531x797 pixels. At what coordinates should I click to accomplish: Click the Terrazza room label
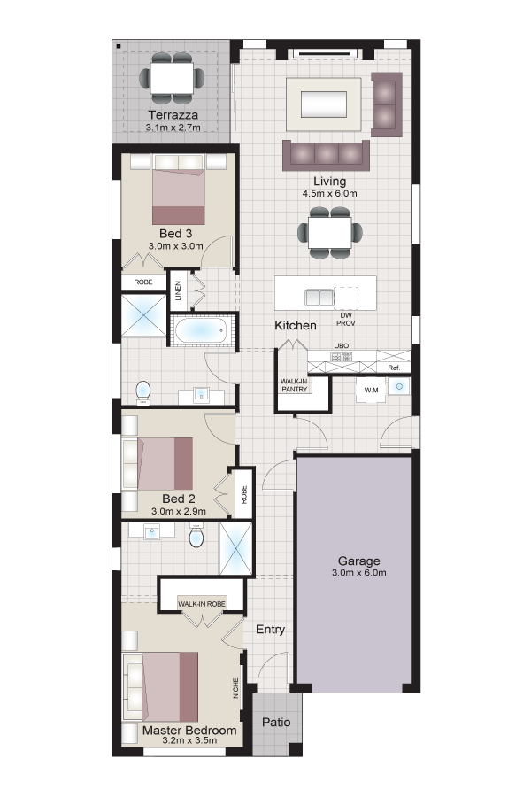coord(173,115)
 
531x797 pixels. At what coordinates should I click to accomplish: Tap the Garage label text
coord(358,561)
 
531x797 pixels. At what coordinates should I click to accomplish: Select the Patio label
coord(276,723)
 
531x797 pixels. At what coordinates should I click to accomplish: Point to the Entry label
coord(270,630)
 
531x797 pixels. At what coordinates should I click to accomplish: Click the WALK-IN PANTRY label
coord(295,385)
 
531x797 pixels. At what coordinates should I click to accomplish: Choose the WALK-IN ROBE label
coord(202,604)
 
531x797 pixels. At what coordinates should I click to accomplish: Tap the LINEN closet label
coord(178,291)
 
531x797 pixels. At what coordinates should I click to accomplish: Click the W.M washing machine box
coord(371,391)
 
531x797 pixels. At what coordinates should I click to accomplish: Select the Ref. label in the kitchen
coord(394,368)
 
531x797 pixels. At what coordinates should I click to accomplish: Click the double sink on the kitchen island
coord(319,298)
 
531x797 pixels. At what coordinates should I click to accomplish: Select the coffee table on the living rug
coord(324,104)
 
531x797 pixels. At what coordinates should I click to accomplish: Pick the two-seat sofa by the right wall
coord(387,104)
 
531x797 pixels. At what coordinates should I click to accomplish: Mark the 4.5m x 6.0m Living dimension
coord(330,194)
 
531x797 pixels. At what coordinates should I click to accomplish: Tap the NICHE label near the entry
coord(235,688)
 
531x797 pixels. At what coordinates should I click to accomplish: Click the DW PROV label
coord(346,319)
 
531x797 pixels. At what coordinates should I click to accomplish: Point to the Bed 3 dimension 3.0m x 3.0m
coord(176,246)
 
